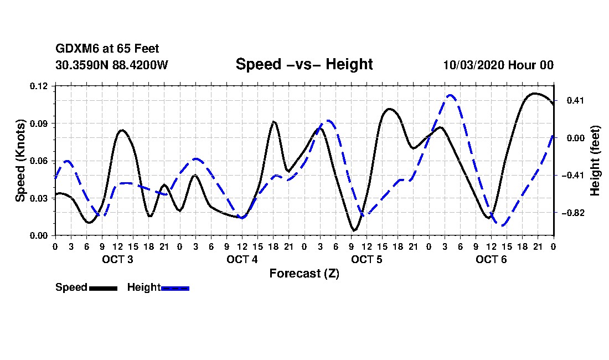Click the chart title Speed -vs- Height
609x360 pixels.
[304, 64]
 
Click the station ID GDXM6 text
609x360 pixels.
[74, 49]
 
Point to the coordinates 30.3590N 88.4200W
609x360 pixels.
[112, 65]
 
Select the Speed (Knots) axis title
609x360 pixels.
[20, 161]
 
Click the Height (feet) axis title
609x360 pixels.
[595, 161]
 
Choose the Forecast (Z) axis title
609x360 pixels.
[304, 273]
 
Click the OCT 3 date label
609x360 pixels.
[117, 259]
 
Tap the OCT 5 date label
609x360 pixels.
[367, 259]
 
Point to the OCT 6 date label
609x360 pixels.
[491, 259]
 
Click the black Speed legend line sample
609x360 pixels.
[103, 288]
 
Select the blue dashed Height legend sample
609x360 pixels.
[175, 288]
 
